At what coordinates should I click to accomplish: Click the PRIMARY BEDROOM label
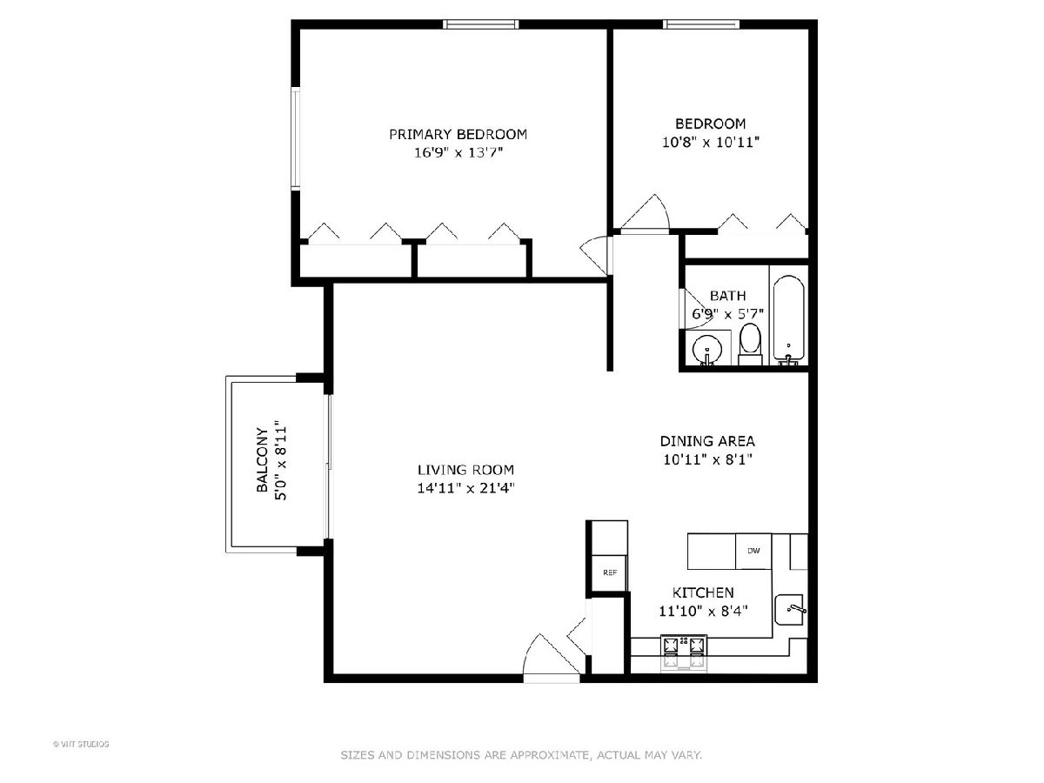[458, 135]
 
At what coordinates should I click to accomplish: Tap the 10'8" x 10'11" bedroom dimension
[711, 142]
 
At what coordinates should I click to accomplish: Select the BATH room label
[727, 296]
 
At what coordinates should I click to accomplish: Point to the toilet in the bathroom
[750, 345]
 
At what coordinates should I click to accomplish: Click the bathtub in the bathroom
[788, 320]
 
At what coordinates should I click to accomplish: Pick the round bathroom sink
[707, 350]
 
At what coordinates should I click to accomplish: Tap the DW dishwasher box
[753, 551]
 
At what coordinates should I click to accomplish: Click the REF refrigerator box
[610, 572]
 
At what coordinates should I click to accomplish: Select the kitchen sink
[790, 609]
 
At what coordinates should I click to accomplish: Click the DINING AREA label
[707, 441]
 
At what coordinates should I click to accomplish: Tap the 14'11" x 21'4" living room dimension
[466, 488]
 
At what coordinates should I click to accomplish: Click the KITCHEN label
[703, 592]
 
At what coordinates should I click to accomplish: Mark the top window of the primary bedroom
[480, 24]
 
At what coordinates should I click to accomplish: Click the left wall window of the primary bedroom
[296, 139]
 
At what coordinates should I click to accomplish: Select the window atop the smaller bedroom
[701, 24]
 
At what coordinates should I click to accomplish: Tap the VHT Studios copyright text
[81, 744]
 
